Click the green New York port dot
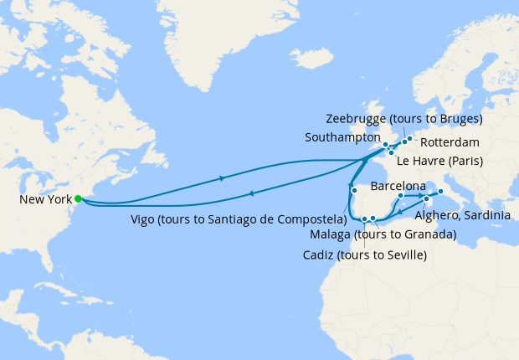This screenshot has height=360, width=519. tap(78, 198)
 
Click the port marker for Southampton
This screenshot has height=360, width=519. tap(386, 145)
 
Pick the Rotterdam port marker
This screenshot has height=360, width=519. tap(409, 138)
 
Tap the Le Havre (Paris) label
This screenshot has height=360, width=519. tap(439, 161)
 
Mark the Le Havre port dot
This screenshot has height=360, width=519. tap(391, 152)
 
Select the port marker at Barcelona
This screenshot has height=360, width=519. tap(401, 196)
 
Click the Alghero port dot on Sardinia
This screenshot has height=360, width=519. tap(427, 198)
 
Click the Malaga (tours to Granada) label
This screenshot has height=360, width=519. tap(383, 234)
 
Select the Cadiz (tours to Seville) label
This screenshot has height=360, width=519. tap(364, 255)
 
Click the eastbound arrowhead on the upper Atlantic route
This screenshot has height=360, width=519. tap(222, 177)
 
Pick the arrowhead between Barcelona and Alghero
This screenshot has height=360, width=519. tap(418, 196)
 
